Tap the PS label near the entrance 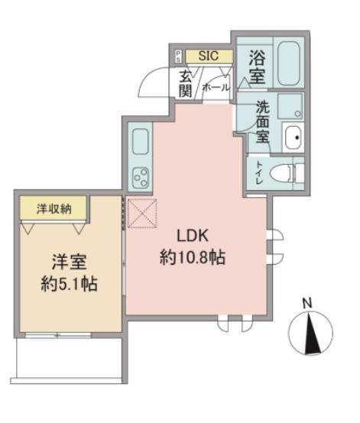(178, 56)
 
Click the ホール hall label (216, 88)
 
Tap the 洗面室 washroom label (261, 124)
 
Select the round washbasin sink (292, 137)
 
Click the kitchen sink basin (141, 143)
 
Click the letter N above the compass (307, 303)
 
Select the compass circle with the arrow (310, 333)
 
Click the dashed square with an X (141, 212)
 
